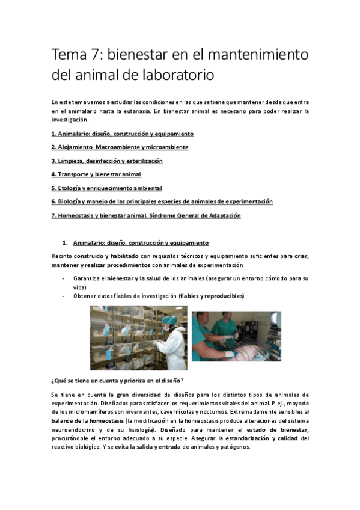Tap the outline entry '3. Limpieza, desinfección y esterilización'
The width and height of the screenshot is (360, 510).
coord(107,161)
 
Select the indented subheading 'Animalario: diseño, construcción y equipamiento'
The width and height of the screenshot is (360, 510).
coord(141,243)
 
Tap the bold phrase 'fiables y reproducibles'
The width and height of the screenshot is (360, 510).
coord(212,296)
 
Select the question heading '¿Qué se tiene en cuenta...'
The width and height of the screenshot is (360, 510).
coord(117,381)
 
